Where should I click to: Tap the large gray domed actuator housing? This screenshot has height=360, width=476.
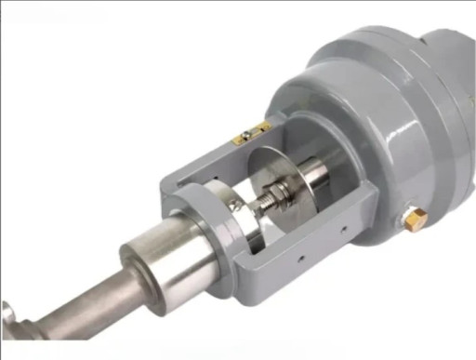tap(390, 130)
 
